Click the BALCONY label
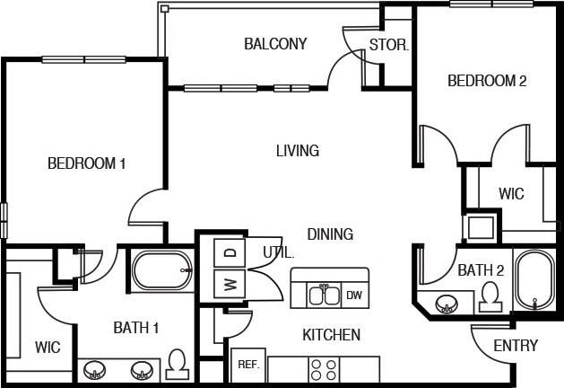(x=275, y=43)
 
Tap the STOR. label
(x=388, y=44)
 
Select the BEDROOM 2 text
(x=487, y=81)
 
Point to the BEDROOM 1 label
(x=86, y=163)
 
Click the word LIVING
(x=298, y=151)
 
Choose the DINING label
(x=330, y=234)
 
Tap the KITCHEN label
(x=331, y=335)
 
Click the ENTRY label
(x=516, y=346)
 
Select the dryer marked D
(x=229, y=252)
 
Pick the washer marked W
(x=229, y=286)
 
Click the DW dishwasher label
(x=354, y=295)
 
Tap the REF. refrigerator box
(x=247, y=366)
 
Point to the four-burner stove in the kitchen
(x=323, y=368)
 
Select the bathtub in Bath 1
(x=162, y=269)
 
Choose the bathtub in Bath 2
(x=535, y=280)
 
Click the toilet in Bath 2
(x=490, y=296)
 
